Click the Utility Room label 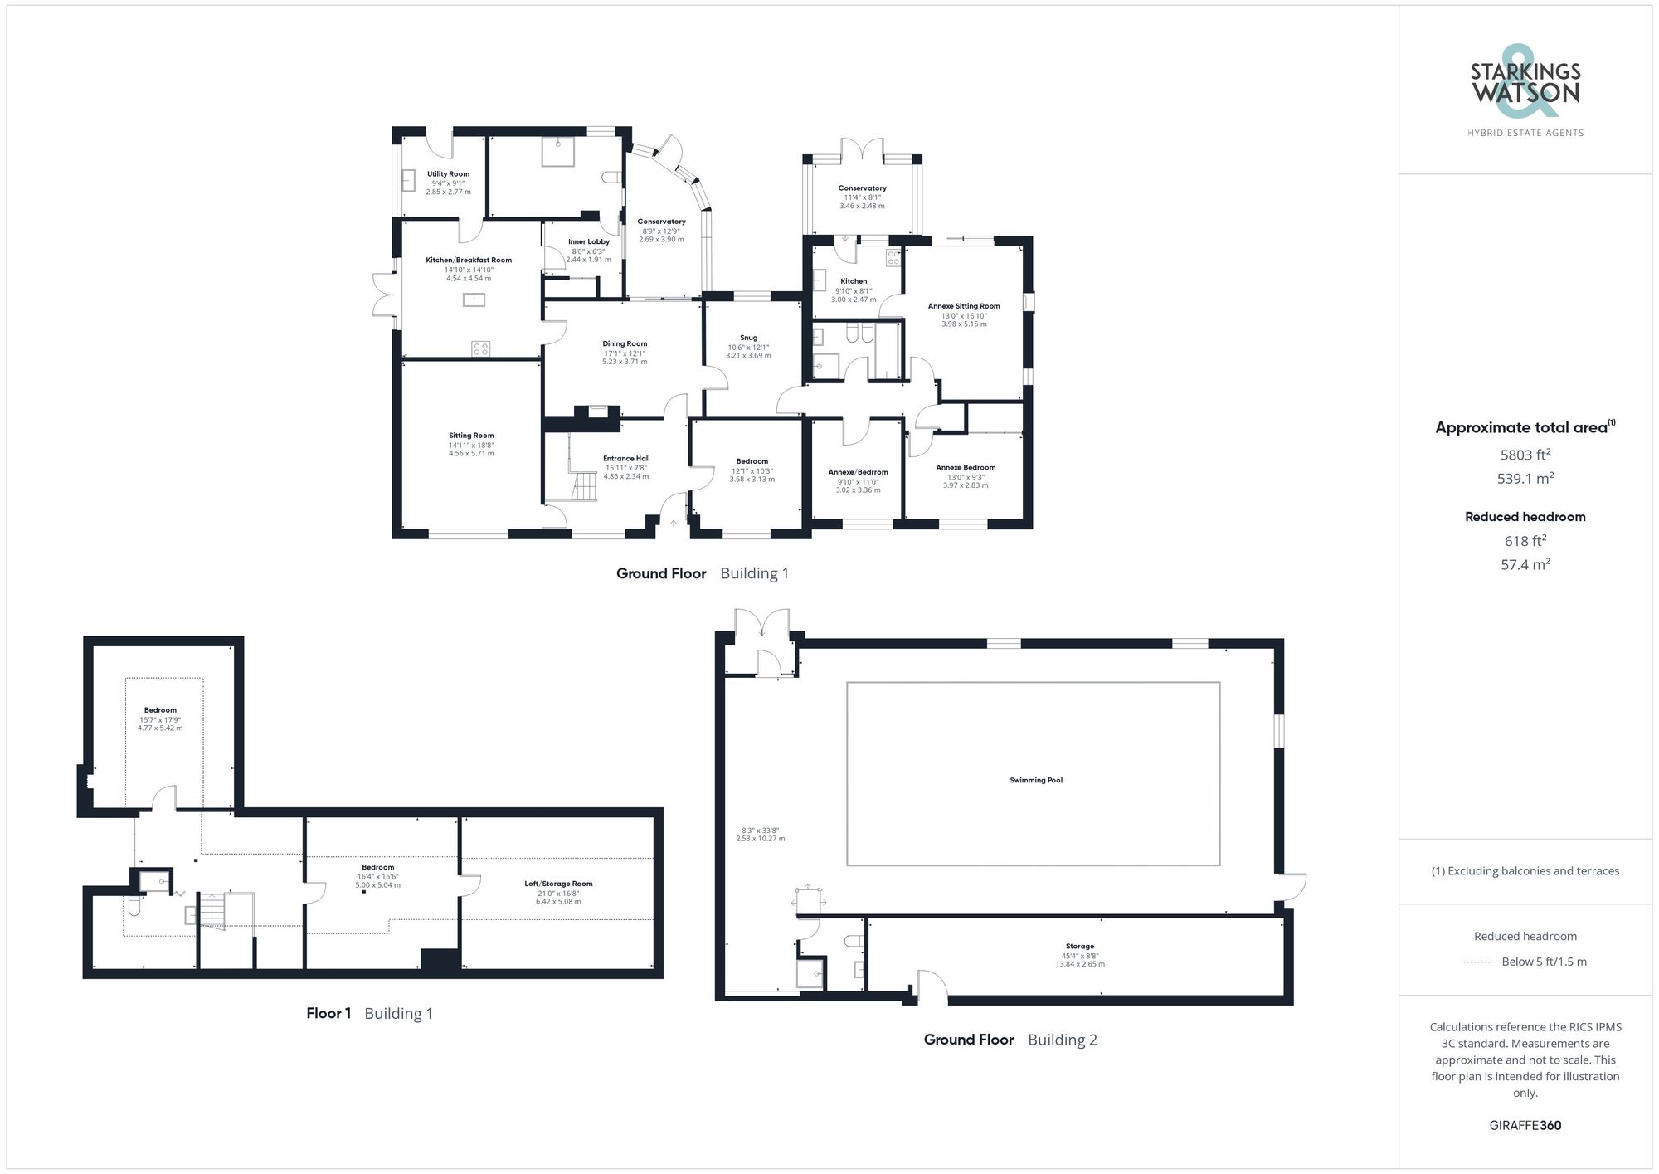click(x=448, y=174)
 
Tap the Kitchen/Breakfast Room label click(x=469, y=260)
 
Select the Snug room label click(x=748, y=338)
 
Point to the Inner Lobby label click(x=588, y=241)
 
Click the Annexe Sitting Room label click(x=964, y=306)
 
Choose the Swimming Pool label click(x=1036, y=780)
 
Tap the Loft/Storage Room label click(x=558, y=884)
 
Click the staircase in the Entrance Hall click(x=584, y=486)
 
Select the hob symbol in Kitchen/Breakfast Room click(x=481, y=348)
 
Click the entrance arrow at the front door click(x=674, y=524)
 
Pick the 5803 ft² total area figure click(x=1525, y=455)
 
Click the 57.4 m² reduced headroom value click(x=1525, y=564)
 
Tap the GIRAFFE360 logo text click(x=1525, y=1125)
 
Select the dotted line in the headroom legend click(x=1478, y=962)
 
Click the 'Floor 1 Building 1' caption click(x=369, y=1013)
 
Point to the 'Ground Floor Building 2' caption click(x=1010, y=1040)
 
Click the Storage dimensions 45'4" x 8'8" click(x=1079, y=955)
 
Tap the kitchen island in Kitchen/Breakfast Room click(x=474, y=300)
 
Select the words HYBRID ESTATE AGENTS click(x=1525, y=133)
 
